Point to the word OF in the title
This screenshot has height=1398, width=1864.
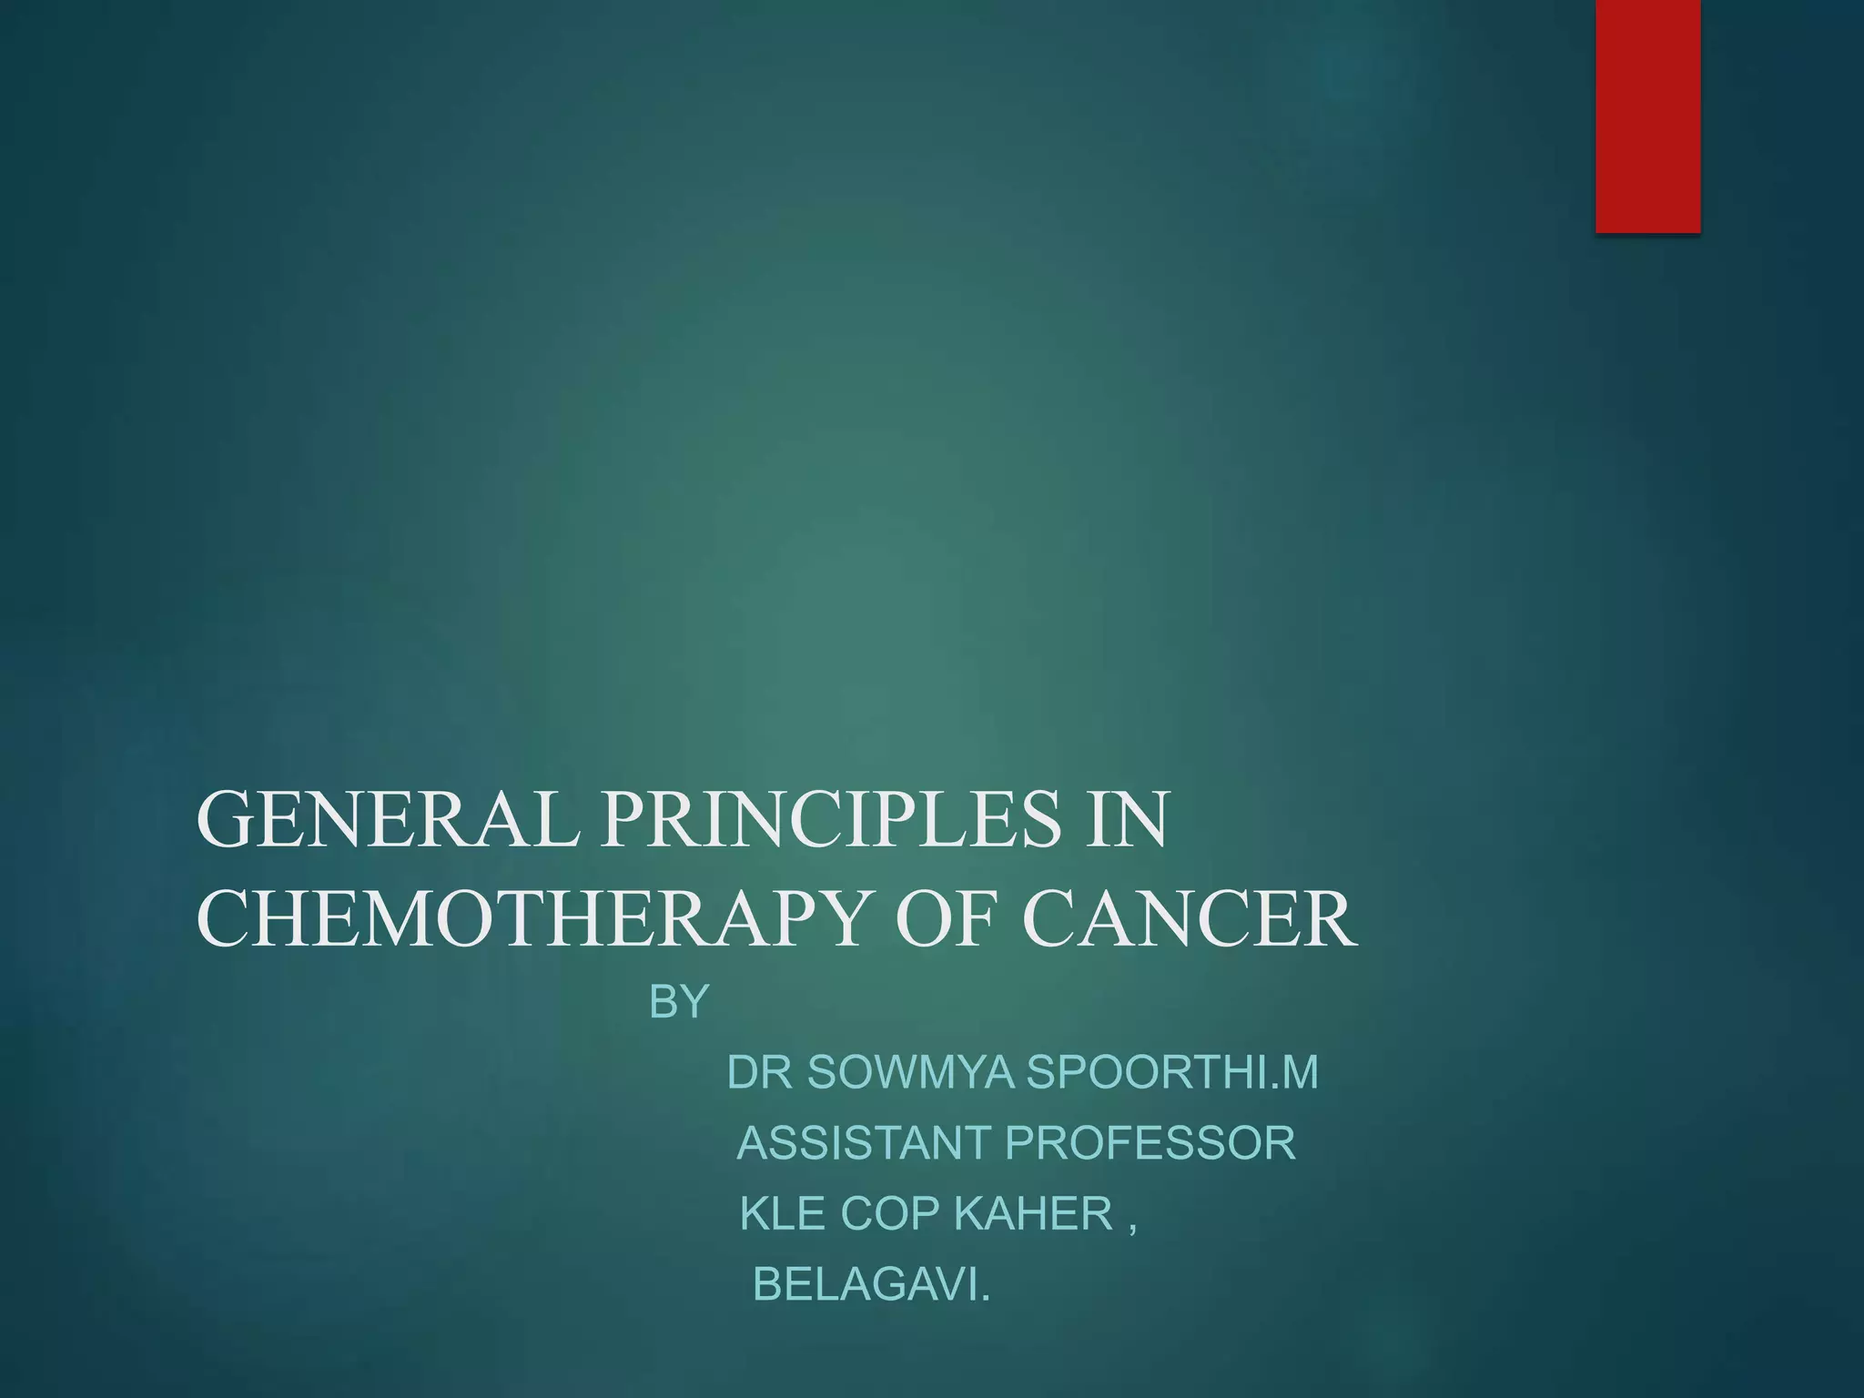pyautogui.click(x=951, y=919)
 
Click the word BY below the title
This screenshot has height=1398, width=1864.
pyautogui.click(x=678, y=1002)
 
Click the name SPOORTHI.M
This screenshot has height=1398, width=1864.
pyautogui.click(x=1172, y=1072)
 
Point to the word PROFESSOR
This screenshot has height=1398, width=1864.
pyautogui.click(x=1150, y=1143)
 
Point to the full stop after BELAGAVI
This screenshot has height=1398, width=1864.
pyautogui.click(x=984, y=1296)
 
